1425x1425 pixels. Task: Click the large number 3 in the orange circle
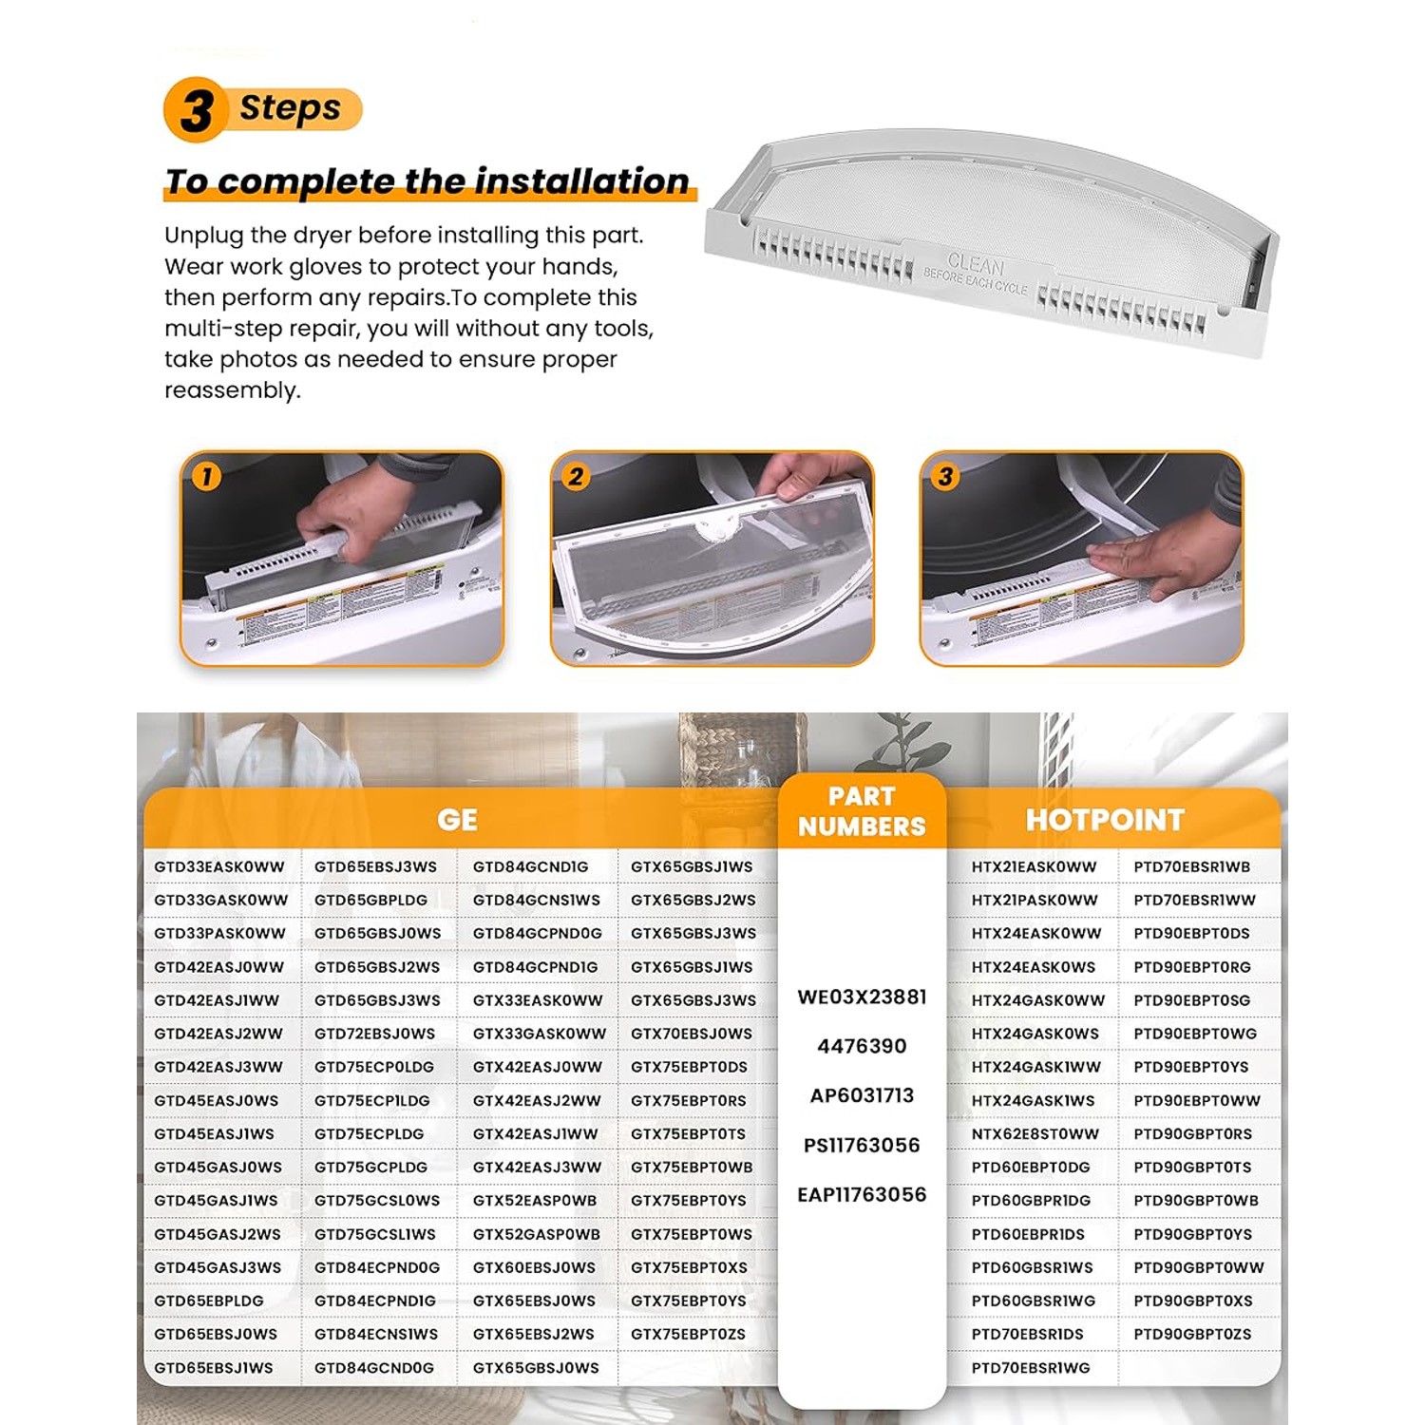197,110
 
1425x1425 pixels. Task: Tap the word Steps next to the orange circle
290,108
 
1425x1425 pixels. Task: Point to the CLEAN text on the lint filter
976,263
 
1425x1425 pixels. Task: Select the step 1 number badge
206,476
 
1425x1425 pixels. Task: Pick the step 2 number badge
576,476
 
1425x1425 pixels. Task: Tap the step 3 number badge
945,476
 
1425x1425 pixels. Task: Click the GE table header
457,820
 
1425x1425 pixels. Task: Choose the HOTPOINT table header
1105,820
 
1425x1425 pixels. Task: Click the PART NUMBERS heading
862,811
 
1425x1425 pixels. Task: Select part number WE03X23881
862,997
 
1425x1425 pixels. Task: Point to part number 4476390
862,1047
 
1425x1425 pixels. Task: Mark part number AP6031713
862,1096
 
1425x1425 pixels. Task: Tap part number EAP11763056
862,1195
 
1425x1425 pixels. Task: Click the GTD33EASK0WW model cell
219,867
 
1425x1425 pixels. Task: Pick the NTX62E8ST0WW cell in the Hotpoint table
1035,1134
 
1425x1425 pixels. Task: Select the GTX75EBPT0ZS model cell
688,1335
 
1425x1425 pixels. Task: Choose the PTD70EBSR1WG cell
1031,1368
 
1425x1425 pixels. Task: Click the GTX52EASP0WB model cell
535,1201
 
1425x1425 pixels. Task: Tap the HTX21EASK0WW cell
1034,867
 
